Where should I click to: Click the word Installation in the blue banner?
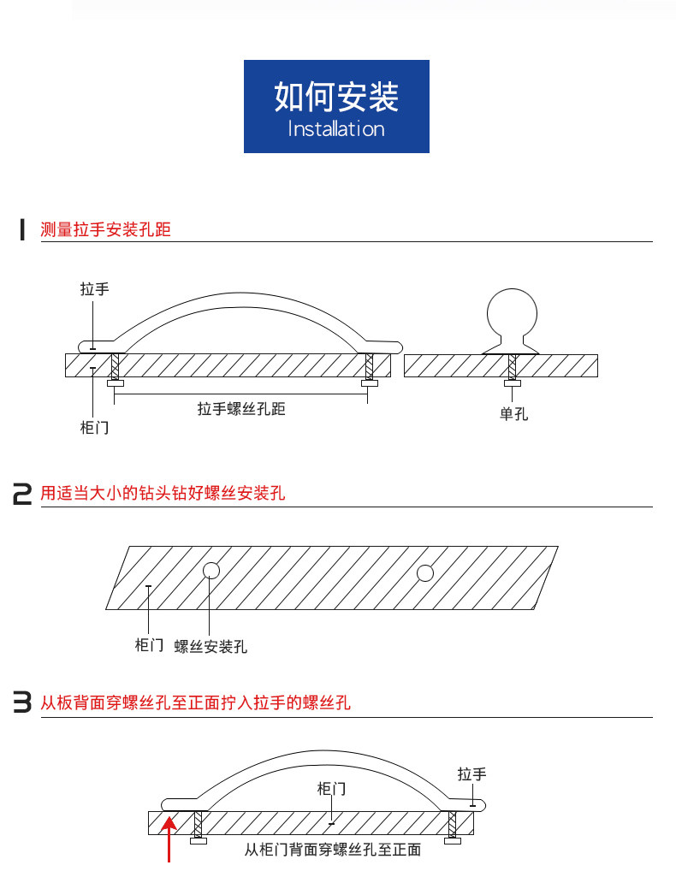336,129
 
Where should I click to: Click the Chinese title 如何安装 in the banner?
336,98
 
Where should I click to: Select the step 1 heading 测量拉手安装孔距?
106,229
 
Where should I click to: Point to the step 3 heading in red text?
196,703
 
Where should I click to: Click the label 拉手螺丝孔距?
241,409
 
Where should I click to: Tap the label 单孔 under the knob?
514,414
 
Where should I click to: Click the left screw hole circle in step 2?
211,571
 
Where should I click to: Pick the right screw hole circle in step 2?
425,573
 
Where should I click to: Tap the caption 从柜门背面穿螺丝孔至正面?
332,850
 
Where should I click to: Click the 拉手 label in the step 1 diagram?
94,289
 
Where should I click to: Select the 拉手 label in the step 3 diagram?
471,774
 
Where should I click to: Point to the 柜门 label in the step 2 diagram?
149,644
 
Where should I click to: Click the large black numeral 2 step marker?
22,495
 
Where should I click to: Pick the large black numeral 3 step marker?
22,703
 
